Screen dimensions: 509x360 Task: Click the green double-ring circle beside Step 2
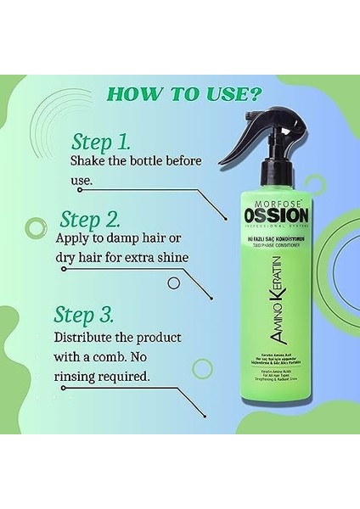[37, 227]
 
